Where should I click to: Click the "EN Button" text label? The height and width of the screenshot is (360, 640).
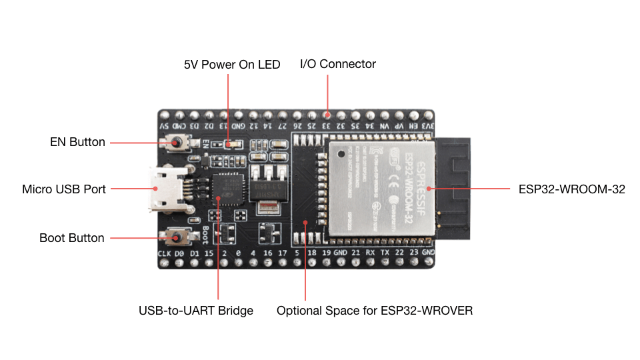77,142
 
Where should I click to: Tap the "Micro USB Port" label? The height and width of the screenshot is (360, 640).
64,189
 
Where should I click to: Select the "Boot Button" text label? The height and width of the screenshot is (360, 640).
72,238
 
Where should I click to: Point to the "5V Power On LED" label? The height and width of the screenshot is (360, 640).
232,65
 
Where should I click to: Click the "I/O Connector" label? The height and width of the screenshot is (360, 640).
338,64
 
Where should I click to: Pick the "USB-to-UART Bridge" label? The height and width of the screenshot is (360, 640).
196,311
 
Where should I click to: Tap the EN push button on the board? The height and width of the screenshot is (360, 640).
177,143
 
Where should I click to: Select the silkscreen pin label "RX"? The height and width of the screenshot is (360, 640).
371,254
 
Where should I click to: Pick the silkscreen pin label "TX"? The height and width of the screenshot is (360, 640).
385,254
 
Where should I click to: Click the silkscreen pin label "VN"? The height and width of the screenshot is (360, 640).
385,125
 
